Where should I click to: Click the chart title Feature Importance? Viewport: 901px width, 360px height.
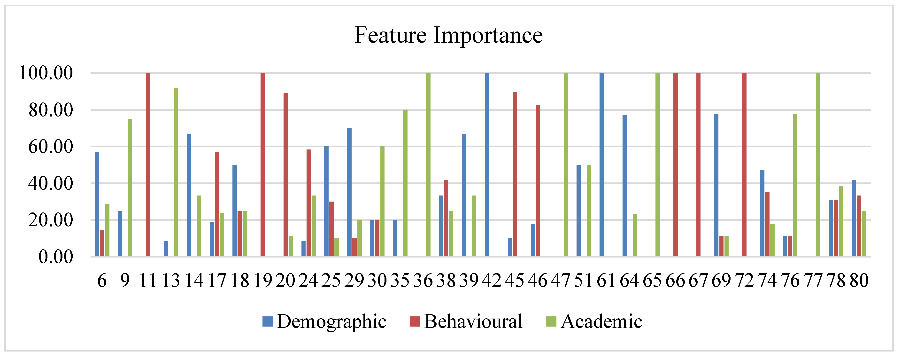448,35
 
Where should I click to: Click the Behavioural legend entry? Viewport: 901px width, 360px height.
466,321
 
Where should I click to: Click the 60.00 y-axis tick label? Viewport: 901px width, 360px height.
50,147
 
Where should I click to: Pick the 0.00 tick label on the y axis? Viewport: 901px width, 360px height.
55,257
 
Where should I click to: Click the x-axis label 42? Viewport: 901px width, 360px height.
492,281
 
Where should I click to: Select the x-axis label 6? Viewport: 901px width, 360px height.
102,281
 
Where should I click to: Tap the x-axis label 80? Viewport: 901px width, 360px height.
859,281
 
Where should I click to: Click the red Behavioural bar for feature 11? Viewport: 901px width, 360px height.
148,164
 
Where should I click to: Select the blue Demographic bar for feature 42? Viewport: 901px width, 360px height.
487,164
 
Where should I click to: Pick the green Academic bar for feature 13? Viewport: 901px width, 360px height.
176,172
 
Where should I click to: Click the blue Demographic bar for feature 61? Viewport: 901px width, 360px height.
602,164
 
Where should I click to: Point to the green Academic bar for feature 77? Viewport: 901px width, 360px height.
818,164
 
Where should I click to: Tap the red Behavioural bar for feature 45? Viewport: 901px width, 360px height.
515,174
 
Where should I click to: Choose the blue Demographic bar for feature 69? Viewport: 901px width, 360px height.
716,185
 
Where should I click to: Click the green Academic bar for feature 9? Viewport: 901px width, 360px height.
130,188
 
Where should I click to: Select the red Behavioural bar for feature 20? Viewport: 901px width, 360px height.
286,175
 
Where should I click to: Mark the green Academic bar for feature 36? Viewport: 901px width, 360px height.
428,164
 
